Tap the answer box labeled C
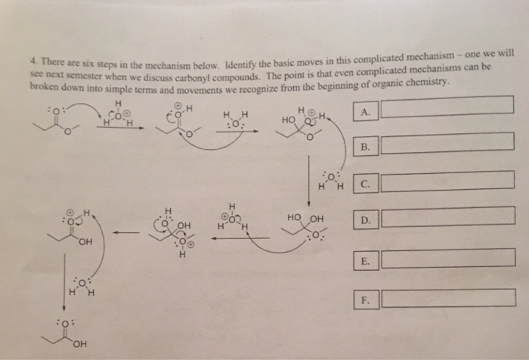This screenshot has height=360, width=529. click(x=448, y=182)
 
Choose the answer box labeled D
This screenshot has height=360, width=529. click(x=448, y=220)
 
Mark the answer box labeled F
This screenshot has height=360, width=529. click(x=448, y=297)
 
